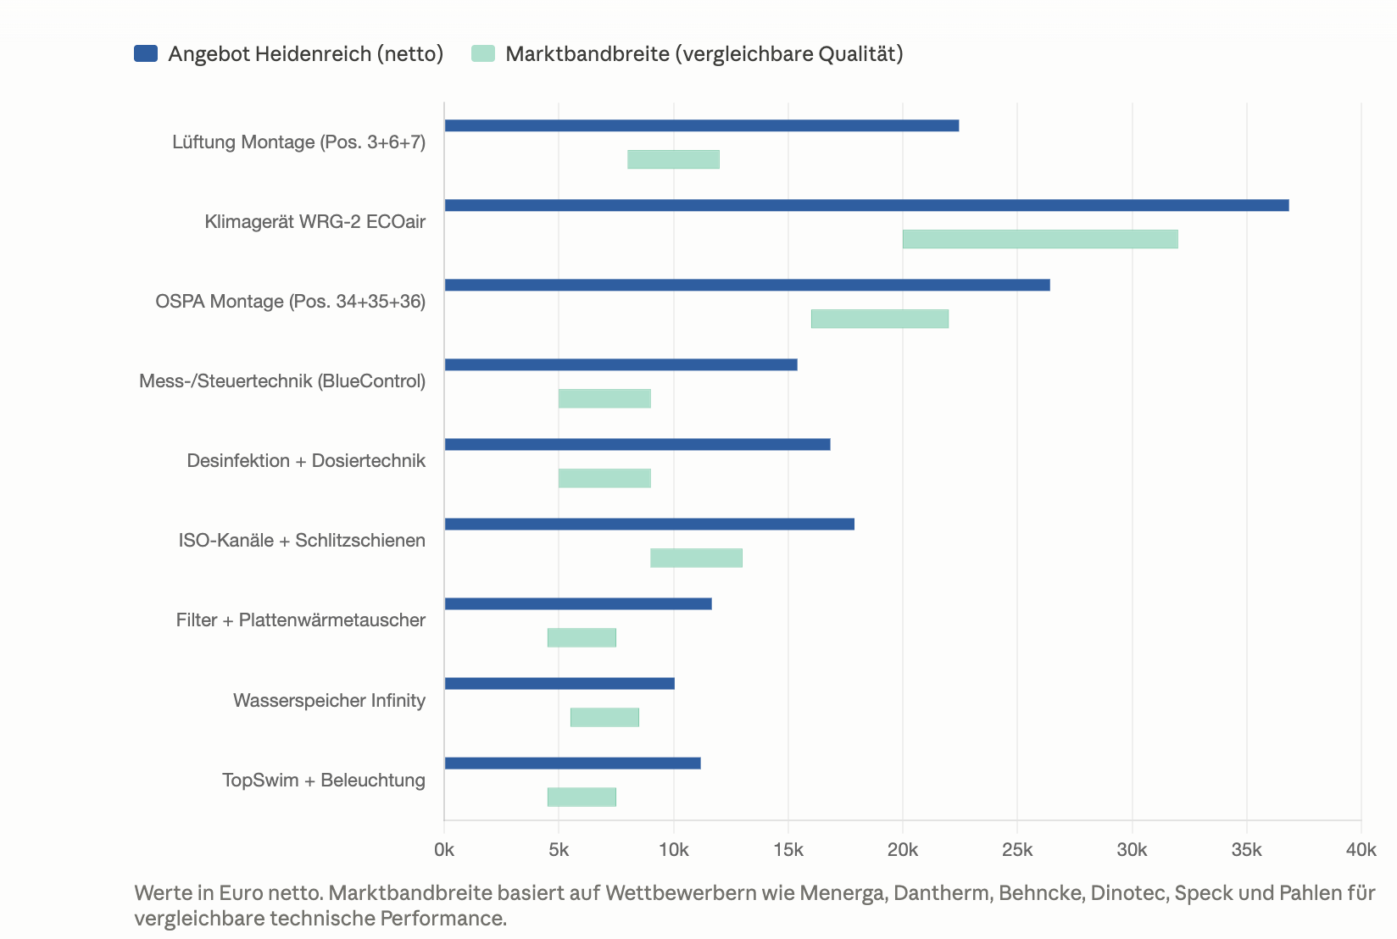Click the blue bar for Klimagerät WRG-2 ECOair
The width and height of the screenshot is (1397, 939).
[867, 205]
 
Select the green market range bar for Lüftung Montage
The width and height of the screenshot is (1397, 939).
[674, 159]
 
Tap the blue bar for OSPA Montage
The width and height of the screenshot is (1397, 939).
[747, 285]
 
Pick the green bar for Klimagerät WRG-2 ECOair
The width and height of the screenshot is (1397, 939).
[1040, 240]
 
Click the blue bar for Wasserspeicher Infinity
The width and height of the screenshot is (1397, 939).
[559, 683]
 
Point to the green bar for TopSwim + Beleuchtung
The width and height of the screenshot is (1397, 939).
[582, 797]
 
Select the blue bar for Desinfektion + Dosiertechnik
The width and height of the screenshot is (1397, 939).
[637, 445]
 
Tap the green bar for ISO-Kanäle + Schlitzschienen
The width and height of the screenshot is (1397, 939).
[697, 558]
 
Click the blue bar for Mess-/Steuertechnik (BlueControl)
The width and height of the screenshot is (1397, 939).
[621, 364]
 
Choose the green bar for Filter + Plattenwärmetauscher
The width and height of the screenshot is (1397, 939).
[582, 638]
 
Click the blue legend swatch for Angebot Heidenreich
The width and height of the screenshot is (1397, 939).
[146, 53]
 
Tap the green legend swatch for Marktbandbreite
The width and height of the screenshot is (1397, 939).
[483, 53]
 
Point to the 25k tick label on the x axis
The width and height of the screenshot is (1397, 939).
[1017, 850]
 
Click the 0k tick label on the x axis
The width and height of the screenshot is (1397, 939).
[444, 850]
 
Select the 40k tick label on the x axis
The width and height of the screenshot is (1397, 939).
[1361, 850]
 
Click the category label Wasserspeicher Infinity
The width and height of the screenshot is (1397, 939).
[329, 700]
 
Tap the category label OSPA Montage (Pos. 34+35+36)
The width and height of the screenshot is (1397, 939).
[291, 301]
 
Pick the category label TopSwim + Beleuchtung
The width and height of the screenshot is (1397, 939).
[324, 780]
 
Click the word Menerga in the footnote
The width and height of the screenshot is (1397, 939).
[843, 893]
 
